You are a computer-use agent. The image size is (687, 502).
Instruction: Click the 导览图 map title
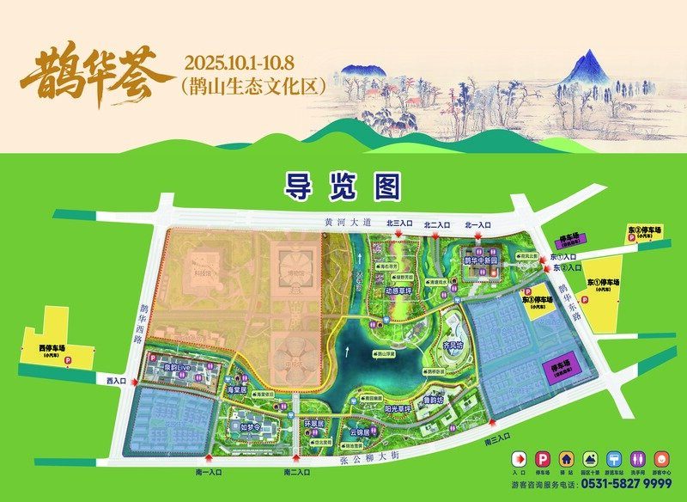343,184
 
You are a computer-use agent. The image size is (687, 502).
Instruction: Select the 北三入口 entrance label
400,224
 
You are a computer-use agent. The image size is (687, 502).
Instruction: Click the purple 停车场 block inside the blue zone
556,370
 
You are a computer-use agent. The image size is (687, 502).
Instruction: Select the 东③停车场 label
642,232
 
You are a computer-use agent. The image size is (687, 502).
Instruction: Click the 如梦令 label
249,425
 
